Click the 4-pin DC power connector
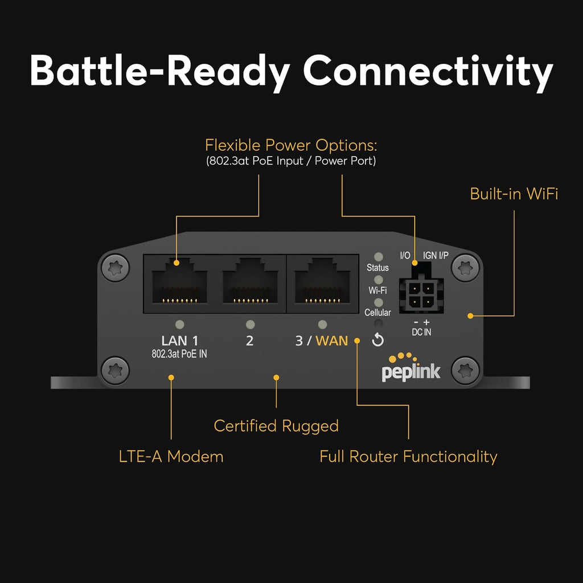[x=421, y=295]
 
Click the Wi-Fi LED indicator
[x=377, y=280]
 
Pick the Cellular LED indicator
[x=377, y=302]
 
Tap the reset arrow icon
[x=377, y=340]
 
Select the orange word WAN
[x=332, y=341]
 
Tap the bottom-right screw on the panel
[x=465, y=370]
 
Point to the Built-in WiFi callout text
[x=514, y=194]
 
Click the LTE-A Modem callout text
[x=171, y=456]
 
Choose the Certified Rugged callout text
[x=276, y=426]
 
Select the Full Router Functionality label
[x=408, y=456]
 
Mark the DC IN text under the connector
[x=421, y=332]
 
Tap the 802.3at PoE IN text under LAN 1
[x=179, y=354]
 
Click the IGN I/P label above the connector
[x=436, y=256]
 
